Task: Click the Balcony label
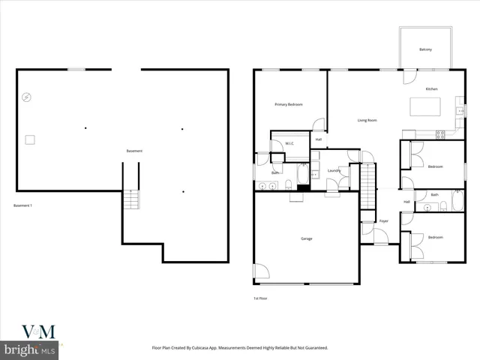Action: (x=425, y=49)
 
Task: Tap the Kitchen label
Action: (x=431, y=89)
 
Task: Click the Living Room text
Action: (x=367, y=120)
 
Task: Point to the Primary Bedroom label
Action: (x=289, y=104)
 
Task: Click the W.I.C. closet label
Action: (x=289, y=143)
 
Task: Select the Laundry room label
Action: (x=334, y=171)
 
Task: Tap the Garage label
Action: (x=307, y=238)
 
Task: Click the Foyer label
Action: (x=383, y=221)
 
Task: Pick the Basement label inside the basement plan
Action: (x=134, y=151)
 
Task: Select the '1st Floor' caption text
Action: (x=260, y=298)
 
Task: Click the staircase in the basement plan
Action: (x=131, y=199)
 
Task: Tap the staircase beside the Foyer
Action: (x=367, y=187)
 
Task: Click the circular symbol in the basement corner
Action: (x=26, y=97)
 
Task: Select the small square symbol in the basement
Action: (x=30, y=139)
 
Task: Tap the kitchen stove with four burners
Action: (x=440, y=134)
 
